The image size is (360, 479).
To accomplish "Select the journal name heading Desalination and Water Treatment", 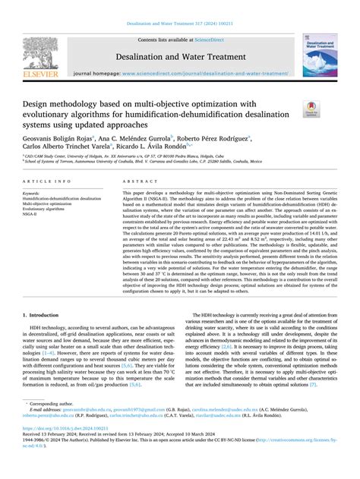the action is (179, 56).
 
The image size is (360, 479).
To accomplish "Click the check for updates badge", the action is (331, 108).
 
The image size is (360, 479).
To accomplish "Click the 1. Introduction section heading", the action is (47, 356).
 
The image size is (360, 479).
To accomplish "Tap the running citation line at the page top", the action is (179, 22).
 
